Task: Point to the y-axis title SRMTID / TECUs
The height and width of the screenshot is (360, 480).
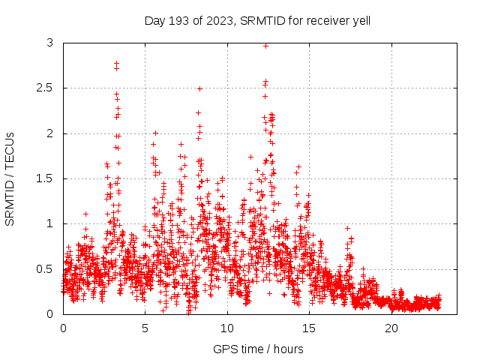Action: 10,178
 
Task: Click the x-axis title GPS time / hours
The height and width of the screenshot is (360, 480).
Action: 258,349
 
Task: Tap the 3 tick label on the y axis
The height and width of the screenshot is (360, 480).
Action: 49,43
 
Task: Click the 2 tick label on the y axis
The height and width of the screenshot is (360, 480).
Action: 49,133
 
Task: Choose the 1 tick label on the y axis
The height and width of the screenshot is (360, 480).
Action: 49,223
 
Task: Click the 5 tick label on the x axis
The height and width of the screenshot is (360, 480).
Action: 145,328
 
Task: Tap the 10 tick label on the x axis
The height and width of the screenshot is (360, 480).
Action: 227,328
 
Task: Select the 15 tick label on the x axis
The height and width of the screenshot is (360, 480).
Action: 309,328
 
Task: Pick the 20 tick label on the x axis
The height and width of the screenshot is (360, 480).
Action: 391,328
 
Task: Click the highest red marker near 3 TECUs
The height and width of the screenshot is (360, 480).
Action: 265,46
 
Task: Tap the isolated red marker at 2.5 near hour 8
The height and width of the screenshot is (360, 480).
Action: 199,88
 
